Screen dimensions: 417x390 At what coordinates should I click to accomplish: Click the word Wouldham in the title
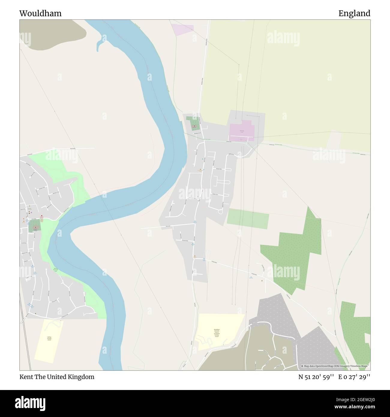pyautogui.click(x=40, y=13)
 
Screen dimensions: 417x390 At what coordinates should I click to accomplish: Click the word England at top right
pyautogui.click(x=354, y=13)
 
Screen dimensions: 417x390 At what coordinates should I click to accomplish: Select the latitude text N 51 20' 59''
pyautogui.click(x=316, y=377)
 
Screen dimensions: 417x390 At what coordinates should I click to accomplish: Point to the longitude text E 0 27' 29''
pyautogui.click(x=354, y=377)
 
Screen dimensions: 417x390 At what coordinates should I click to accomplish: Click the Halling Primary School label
pyautogui.click(x=49, y=338)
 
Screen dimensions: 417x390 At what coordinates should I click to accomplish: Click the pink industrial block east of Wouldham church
pyautogui.click(x=242, y=131)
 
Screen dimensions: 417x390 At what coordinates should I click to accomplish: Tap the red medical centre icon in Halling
pyautogui.click(x=41, y=216)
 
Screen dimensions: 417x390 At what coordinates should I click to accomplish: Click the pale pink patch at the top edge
pyautogui.click(x=183, y=30)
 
